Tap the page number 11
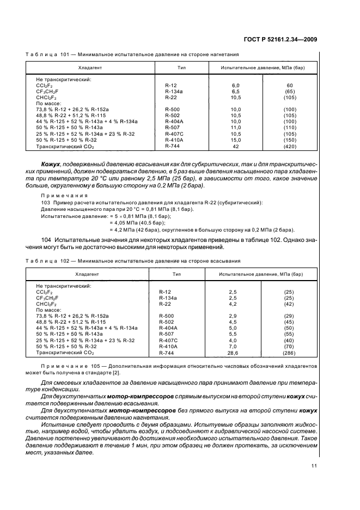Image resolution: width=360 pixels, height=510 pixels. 314,465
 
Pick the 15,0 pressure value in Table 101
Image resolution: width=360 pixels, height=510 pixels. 236,139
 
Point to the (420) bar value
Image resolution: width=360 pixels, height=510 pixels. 290,146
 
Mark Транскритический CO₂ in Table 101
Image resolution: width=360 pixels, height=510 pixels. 65,147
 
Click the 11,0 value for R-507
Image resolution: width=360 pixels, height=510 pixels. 236,127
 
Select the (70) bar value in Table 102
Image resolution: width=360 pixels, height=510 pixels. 289,346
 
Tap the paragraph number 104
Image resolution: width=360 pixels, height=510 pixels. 47,239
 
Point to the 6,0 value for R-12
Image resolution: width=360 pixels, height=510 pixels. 236,86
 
